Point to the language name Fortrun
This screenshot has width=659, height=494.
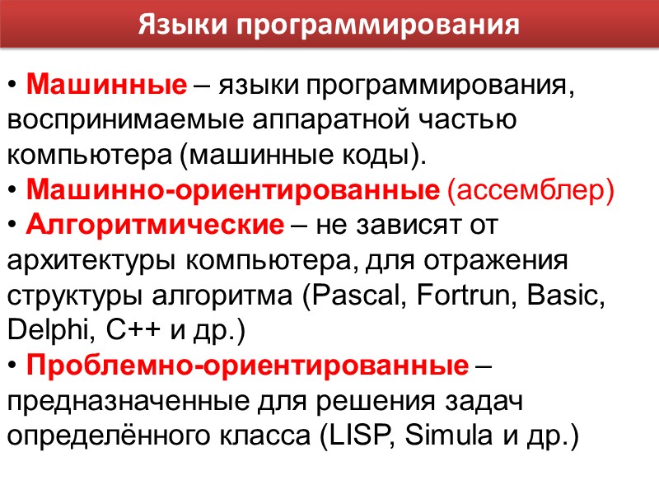click(457, 296)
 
